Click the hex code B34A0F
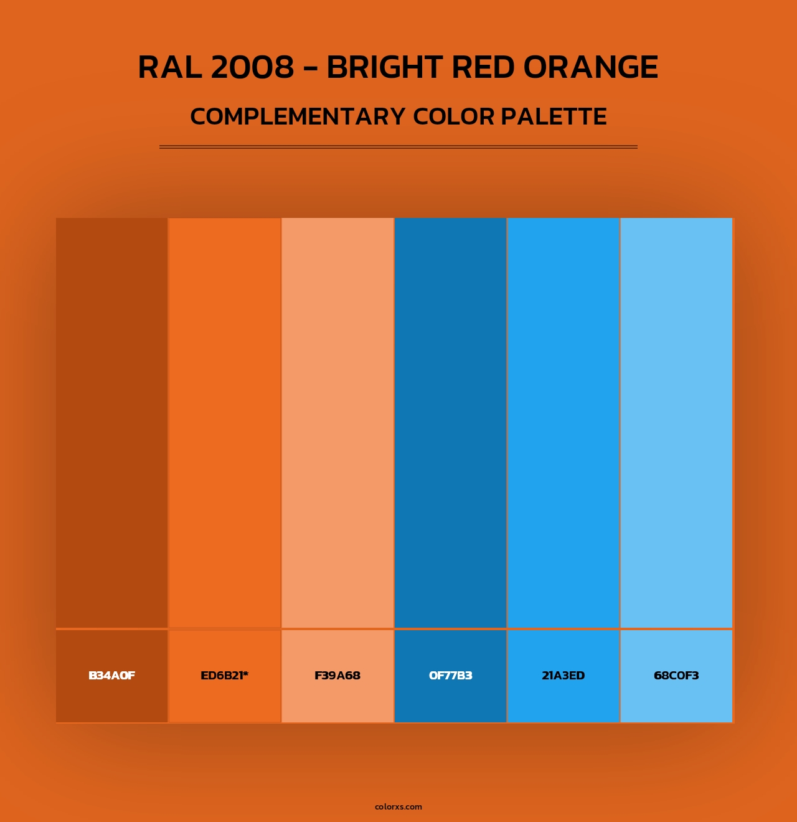(112, 676)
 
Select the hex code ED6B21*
(224, 676)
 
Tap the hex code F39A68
(337, 676)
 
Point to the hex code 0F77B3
(450, 676)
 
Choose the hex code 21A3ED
(563, 676)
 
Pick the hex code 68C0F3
(676, 676)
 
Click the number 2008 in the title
(252, 67)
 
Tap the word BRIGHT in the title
(384, 67)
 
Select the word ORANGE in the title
(590, 67)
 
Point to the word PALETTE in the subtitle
(554, 116)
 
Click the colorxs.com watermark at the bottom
(398, 806)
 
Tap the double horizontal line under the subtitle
(398, 147)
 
